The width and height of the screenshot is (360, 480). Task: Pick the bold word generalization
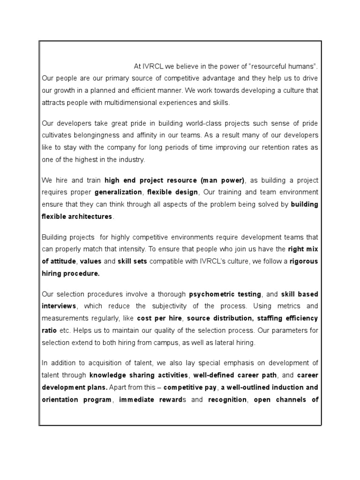click(x=118, y=192)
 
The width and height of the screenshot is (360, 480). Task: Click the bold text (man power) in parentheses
click(x=223, y=180)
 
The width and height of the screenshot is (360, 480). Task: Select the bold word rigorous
click(x=304, y=262)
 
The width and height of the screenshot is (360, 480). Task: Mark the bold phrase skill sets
click(x=133, y=262)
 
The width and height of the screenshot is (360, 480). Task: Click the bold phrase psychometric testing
click(x=225, y=294)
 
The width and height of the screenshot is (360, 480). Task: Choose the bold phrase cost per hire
click(x=158, y=318)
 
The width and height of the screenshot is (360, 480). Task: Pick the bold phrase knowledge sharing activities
click(x=139, y=375)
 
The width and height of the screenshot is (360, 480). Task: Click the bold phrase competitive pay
click(x=190, y=388)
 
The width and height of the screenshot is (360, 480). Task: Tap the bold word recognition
click(x=227, y=400)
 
